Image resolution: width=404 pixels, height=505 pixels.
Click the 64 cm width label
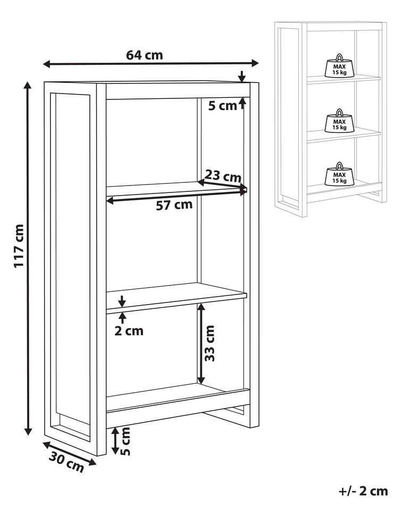coord(145,55)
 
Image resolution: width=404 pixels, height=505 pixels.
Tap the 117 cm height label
coord(19,246)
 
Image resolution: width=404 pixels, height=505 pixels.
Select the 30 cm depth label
coord(66,461)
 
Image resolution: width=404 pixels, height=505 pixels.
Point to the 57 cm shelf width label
coord(174,205)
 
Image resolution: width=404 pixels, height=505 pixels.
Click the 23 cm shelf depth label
coord(223,176)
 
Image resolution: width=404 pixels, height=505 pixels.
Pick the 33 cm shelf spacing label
coord(209,343)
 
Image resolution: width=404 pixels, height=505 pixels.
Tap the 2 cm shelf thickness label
coord(129,331)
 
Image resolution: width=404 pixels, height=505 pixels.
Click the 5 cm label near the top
coord(223,106)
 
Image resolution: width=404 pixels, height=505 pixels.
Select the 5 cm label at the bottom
coord(125,441)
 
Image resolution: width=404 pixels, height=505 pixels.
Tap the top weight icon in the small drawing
coord(339,66)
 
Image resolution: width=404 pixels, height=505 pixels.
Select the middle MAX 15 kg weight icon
coord(339,121)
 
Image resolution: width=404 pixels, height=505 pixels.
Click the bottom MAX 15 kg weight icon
coord(339,174)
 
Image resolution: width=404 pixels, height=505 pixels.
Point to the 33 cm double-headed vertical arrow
coord(201,343)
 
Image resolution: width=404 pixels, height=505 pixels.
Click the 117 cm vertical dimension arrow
coord(28,258)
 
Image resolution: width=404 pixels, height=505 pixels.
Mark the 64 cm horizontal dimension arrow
coord(151,63)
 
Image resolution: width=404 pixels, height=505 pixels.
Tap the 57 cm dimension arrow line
coord(176,196)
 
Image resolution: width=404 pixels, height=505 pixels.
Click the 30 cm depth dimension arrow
coord(70,453)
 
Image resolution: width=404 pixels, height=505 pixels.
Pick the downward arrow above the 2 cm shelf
coord(122,301)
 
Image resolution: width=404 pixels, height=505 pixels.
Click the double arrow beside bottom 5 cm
coord(115,441)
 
